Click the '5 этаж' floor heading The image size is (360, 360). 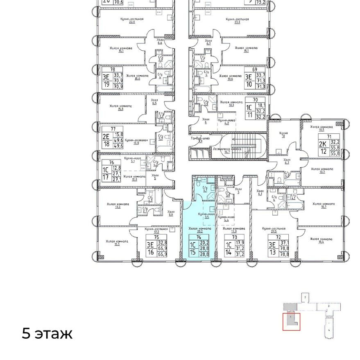click(47, 334)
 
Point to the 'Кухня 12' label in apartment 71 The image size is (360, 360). click(283, 135)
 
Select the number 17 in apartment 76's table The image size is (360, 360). click(106, 177)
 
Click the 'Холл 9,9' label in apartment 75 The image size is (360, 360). click(171, 213)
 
